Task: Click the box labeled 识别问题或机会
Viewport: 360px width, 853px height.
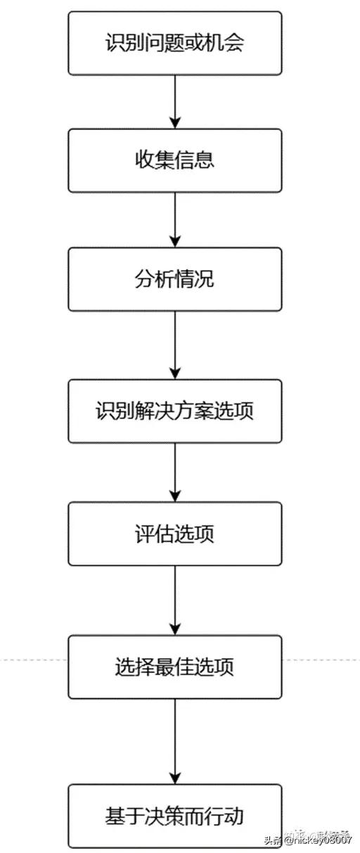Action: click(174, 43)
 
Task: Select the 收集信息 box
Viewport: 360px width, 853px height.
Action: click(174, 160)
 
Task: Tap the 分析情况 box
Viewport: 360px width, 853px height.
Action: click(174, 279)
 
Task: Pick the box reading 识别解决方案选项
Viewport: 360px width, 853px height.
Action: click(174, 411)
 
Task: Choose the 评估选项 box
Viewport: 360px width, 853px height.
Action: click(174, 533)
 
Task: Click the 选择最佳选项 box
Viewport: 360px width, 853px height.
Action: click(174, 666)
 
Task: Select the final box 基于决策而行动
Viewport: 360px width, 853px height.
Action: click(174, 816)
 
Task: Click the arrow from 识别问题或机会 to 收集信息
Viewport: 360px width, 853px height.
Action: click(174, 102)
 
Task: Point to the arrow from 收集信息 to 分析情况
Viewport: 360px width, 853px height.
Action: click(174, 219)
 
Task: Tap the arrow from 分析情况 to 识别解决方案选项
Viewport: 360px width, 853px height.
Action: click(174, 345)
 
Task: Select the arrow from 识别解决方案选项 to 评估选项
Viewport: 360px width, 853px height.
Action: click(174, 472)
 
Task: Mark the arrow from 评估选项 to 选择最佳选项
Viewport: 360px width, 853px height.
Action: click(174, 600)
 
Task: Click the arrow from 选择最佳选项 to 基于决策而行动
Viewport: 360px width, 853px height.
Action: click(174, 740)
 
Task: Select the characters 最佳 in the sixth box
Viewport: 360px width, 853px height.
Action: click(174, 666)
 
